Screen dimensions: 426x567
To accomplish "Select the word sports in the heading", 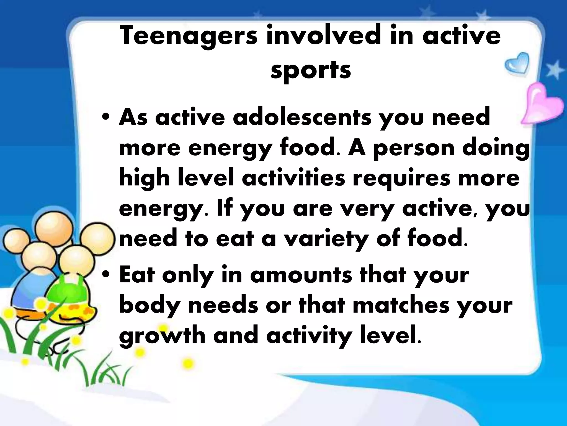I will point(311,70).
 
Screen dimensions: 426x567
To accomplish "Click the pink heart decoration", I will point(542,105).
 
